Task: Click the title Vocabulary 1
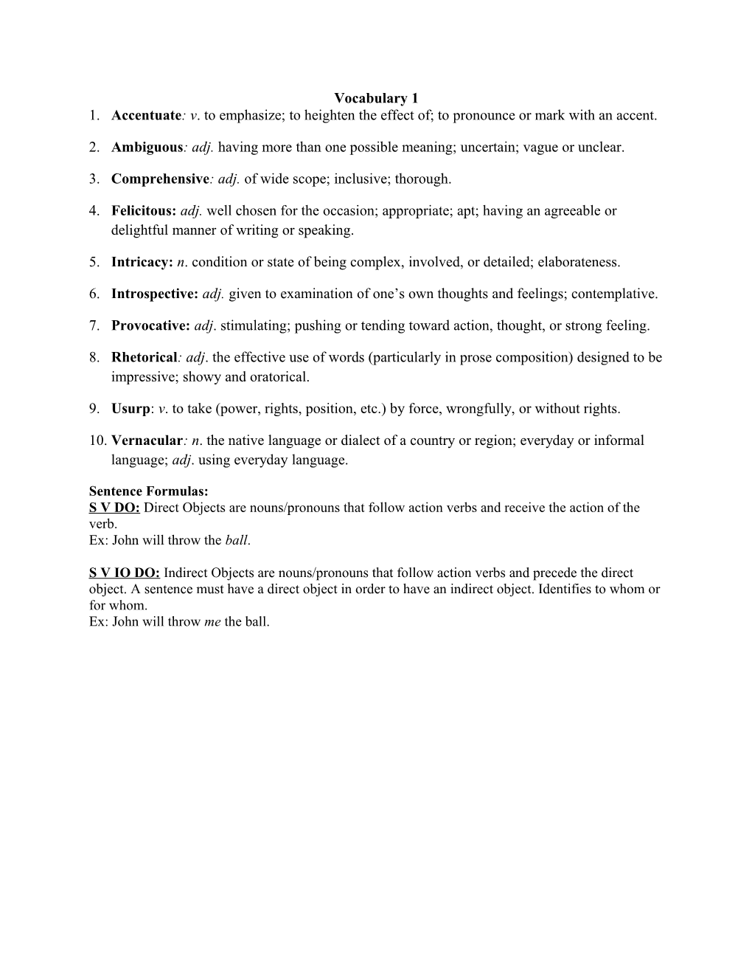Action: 376,98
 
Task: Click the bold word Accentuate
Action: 146,115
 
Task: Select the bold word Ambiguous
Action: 146,147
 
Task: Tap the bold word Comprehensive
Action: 160,179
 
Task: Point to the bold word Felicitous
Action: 143,210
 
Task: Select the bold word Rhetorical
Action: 144,357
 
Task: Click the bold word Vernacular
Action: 146,441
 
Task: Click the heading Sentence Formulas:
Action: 148,491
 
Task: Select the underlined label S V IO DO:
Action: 124,573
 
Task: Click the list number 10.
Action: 97,441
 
